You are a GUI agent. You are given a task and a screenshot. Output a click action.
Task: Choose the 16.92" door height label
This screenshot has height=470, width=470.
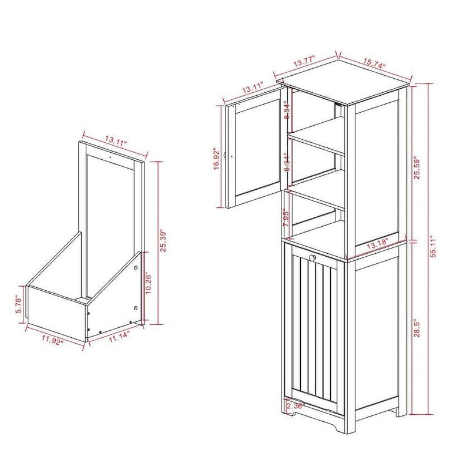217,157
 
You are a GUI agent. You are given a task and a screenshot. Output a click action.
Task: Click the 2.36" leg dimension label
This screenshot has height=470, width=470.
294,405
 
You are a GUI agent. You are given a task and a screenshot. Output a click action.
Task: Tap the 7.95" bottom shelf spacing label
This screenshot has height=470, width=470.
286,217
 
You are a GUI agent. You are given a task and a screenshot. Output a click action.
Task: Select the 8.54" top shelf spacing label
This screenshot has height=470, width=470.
286,110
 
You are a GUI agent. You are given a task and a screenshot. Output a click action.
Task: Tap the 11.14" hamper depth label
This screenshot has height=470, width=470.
117,337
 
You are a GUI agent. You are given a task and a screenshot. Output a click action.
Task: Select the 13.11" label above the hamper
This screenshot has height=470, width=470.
116,140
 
